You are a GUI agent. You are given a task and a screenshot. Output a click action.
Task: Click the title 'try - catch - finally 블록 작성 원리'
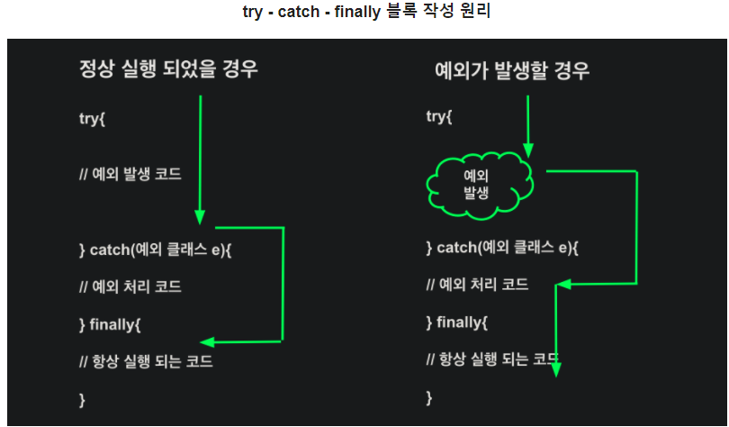click(x=364, y=14)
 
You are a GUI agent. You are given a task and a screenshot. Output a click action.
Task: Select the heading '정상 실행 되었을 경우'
click(x=168, y=69)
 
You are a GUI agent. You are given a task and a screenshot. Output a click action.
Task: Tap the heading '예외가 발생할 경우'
click(x=511, y=71)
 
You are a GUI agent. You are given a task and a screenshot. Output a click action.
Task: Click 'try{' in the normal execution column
click(x=93, y=118)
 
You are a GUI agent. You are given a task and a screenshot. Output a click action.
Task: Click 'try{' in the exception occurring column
click(x=439, y=117)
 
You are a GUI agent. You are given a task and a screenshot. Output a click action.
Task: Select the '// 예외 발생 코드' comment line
click(x=130, y=174)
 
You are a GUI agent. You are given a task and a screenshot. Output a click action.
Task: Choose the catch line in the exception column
click(x=502, y=248)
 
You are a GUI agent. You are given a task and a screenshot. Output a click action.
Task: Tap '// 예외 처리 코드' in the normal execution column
click(x=130, y=287)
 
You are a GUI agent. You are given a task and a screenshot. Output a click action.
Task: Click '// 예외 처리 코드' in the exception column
click(x=477, y=285)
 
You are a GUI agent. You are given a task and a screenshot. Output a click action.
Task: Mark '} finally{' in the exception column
click(x=456, y=322)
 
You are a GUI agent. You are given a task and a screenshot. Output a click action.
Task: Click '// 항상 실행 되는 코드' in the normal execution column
click(x=146, y=361)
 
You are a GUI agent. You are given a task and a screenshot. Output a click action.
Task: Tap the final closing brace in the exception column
click(x=429, y=395)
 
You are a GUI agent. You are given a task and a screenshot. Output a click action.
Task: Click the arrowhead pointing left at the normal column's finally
click(x=206, y=342)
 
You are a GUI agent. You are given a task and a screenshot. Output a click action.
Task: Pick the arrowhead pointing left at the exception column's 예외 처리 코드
click(x=562, y=285)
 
